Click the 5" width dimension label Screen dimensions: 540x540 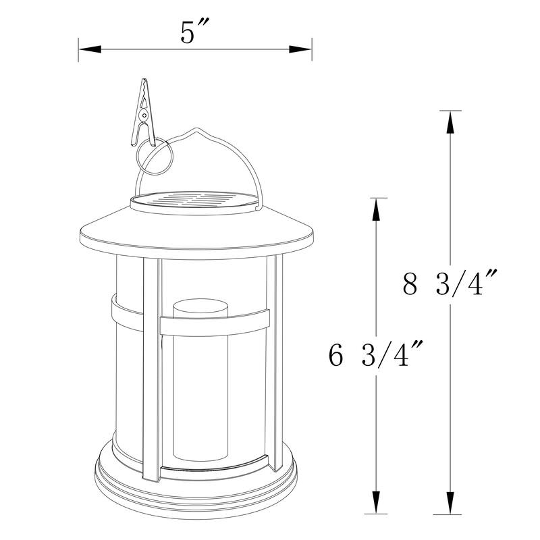point(194,33)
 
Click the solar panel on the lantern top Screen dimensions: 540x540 point(195,200)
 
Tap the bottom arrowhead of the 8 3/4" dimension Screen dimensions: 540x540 point(450,506)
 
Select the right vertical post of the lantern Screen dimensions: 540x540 point(274,364)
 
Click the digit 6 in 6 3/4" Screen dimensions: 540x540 point(335,354)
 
